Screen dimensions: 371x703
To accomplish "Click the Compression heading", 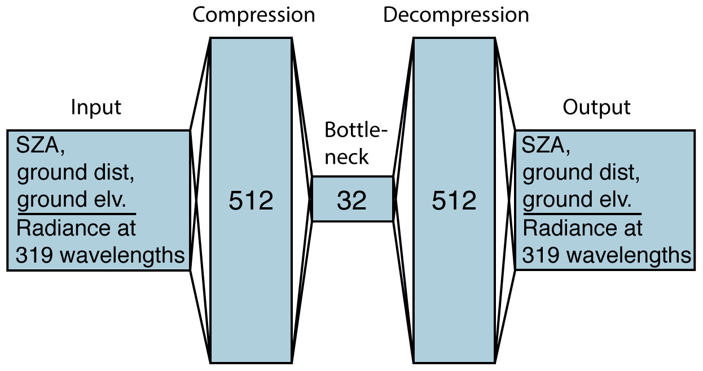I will point(253,15).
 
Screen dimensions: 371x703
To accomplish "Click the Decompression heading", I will point(456,15).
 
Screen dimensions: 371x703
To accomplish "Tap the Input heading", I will point(96,107).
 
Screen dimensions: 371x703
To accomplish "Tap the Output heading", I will point(596,107).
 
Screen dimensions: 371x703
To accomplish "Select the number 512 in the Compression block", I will point(251,200).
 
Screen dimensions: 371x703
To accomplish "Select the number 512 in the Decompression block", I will point(454,200).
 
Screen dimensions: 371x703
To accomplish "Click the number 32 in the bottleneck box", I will point(351,200).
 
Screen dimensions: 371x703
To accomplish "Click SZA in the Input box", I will point(40,147).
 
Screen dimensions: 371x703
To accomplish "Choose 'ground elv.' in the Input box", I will point(72,200).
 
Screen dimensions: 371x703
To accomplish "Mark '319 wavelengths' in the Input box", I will point(100,255).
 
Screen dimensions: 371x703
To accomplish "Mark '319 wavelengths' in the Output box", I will point(607,255).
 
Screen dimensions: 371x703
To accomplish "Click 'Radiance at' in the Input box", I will point(76,228).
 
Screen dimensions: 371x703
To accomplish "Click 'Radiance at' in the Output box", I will point(582,228).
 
